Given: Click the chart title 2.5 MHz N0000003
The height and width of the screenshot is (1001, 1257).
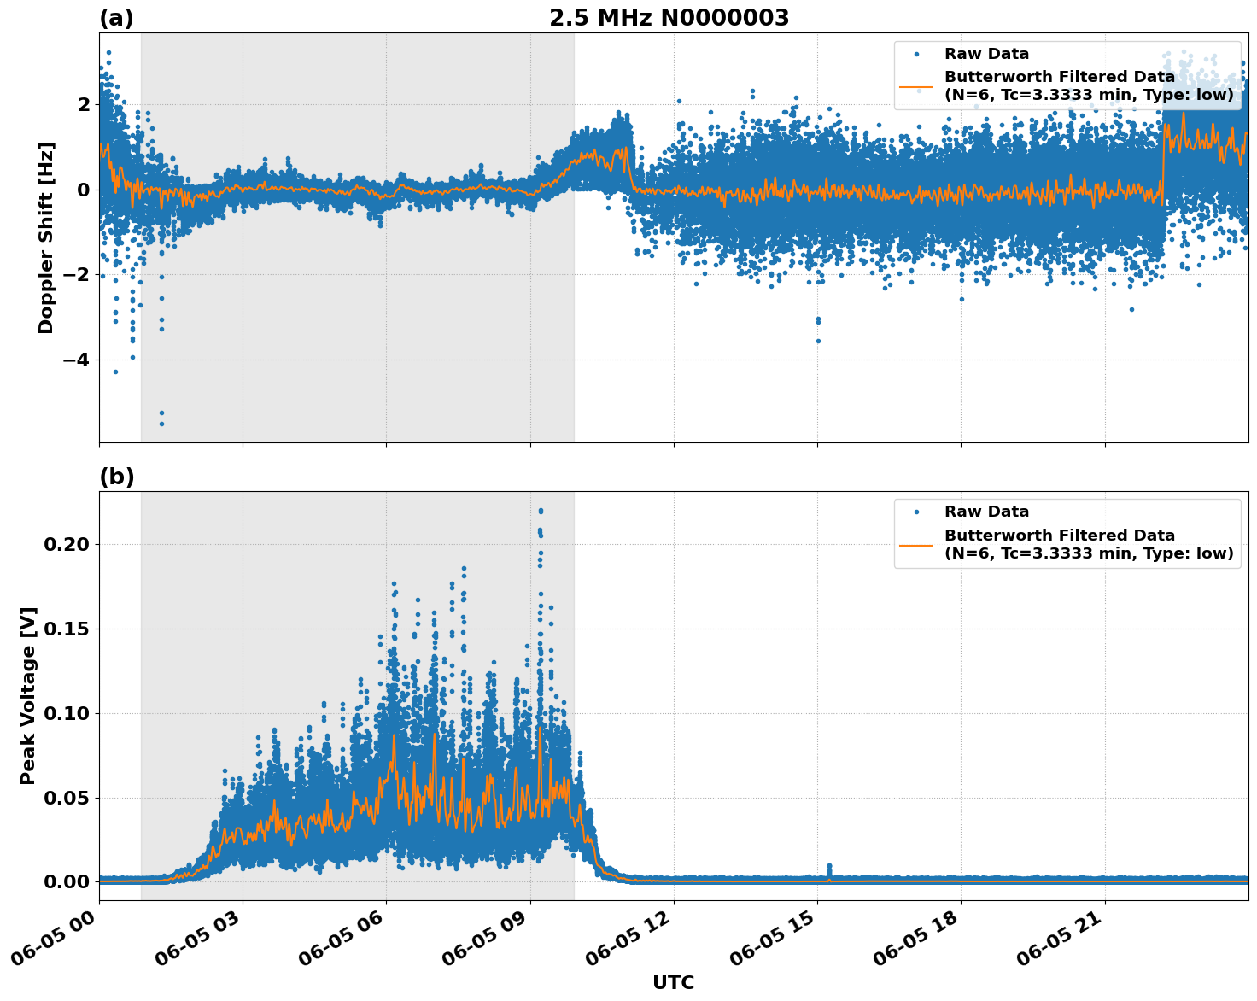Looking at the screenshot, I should [669, 18].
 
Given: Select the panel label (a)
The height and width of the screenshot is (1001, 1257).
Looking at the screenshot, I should [116, 18].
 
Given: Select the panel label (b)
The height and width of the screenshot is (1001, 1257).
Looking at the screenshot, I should [116, 477].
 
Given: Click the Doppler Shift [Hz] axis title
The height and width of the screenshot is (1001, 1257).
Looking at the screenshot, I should [46, 237].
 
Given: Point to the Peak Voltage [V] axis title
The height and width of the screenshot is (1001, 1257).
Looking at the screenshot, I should [28, 695].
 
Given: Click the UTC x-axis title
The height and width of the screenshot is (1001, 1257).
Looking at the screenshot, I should [673, 982].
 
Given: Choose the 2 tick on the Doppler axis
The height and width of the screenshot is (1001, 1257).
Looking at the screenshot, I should [83, 105].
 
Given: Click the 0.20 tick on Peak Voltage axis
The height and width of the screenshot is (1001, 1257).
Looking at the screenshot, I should [68, 545].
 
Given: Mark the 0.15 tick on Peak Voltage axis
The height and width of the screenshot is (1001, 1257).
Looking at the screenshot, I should [68, 629].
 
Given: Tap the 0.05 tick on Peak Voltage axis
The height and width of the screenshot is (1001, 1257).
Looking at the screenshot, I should [68, 798].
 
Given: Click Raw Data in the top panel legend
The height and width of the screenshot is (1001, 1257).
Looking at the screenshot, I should [986, 54].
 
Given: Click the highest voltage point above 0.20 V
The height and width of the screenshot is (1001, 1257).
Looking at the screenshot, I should [541, 511].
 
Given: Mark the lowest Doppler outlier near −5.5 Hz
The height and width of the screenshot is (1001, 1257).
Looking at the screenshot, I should [161, 424].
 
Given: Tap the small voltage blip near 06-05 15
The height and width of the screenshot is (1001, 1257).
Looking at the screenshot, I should [828, 867].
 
